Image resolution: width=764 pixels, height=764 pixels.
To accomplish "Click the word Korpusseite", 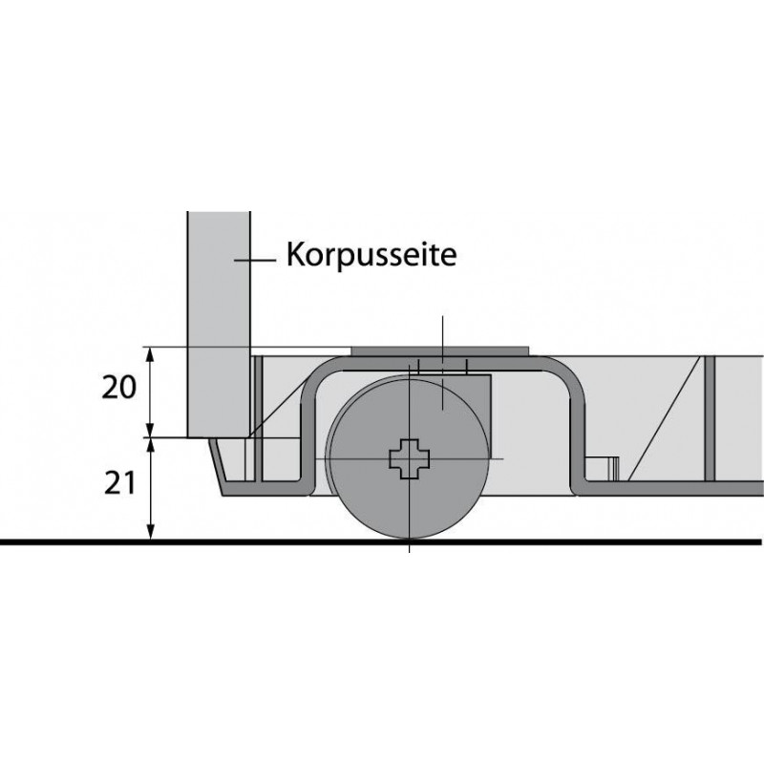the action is point(371,254).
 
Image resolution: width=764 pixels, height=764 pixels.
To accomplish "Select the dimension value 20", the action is point(118,389).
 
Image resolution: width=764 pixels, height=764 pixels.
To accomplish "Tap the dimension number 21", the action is point(119,484).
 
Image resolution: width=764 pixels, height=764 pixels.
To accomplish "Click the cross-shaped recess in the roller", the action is point(410,458).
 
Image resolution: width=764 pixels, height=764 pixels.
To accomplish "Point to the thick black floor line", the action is point(380,541).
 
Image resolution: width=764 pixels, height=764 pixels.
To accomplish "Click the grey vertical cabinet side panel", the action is point(219,325).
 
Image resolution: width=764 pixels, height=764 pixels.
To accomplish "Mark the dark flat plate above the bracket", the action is point(440,350).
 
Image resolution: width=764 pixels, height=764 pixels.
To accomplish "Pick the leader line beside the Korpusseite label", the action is point(255,261).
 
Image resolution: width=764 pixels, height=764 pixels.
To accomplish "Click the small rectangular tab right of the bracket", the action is point(603,469).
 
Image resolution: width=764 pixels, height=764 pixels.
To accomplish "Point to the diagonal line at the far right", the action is point(665,418).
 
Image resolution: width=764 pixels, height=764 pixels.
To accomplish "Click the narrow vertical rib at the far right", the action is point(709,418).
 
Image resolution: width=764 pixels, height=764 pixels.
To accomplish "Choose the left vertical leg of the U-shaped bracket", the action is point(308,429).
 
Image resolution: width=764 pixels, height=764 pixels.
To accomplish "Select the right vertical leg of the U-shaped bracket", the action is point(577,429).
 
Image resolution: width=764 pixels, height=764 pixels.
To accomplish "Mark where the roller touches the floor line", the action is point(410,539).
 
